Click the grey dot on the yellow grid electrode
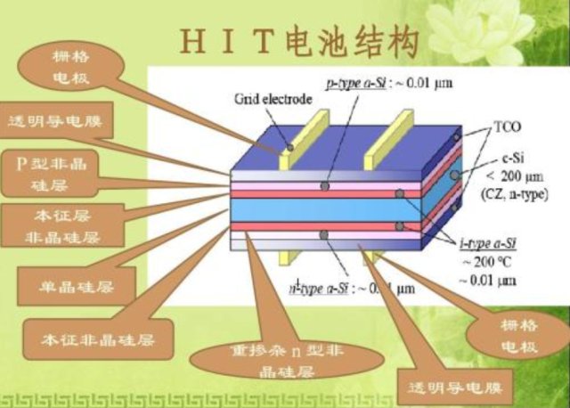click(289, 144)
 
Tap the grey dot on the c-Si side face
click(454, 175)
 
